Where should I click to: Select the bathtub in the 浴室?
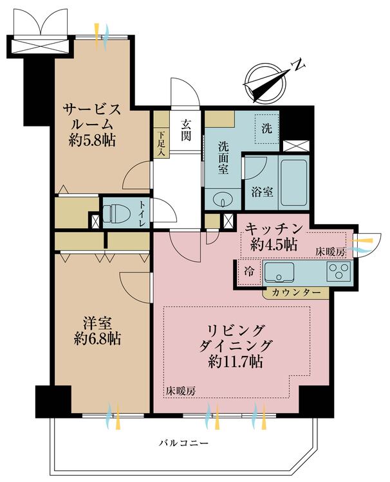(x=293, y=183)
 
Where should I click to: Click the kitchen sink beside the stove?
(x=279, y=272)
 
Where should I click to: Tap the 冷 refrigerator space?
(x=249, y=272)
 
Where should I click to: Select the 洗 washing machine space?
(x=266, y=128)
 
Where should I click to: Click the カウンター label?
(x=296, y=292)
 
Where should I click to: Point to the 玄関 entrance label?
(x=185, y=130)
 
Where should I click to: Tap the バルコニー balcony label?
(x=184, y=443)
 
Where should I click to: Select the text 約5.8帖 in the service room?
(x=92, y=141)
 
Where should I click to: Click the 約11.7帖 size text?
(x=235, y=362)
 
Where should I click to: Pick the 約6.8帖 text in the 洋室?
(x=97, y=339)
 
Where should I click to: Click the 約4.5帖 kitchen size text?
(x=274, y=245)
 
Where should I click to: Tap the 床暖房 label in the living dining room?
(x=180, y=391)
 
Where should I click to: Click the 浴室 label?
(x=262, y=192)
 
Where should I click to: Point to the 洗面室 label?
(x=223, y=158)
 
